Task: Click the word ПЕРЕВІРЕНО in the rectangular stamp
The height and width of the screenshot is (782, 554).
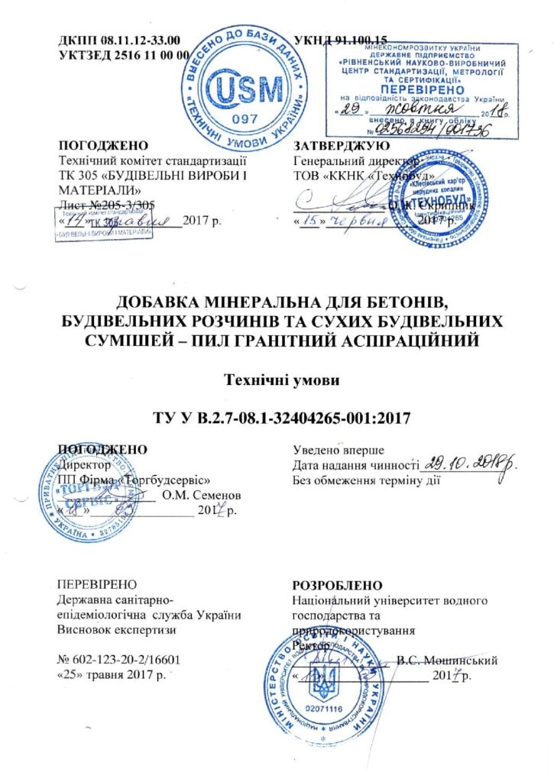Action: (410, 88)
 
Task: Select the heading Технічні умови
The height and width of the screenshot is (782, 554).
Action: (277, 379)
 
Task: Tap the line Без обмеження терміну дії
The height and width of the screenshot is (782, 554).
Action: (368, 481)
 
